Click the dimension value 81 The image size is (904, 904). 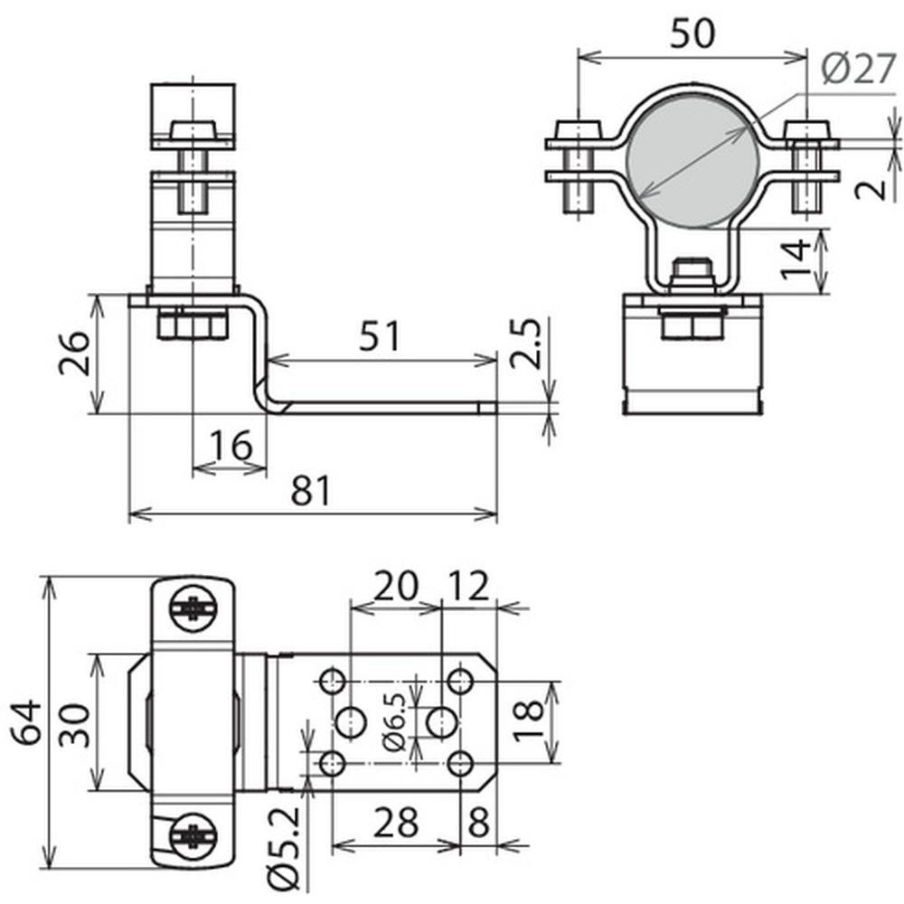[x=311, y=491]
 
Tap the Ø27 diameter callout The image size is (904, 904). [x=859, y=68]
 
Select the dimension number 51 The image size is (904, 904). [x=379, y=336]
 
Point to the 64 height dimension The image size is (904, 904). [x=27, y=722]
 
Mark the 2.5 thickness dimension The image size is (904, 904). [x=526, y=344]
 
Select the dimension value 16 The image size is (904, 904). [x=231, y=445]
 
